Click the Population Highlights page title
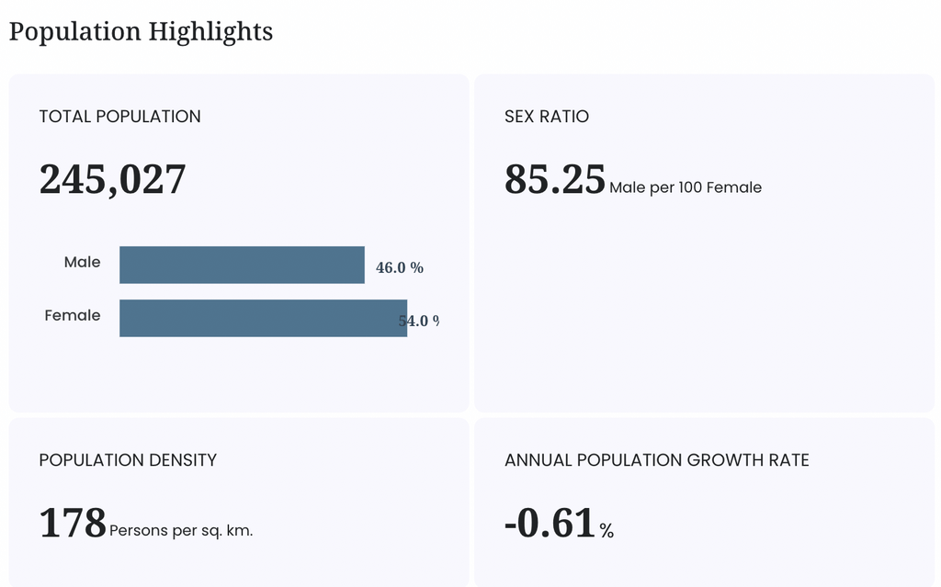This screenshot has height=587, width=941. point(141,32)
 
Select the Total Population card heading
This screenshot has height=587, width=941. point(120,117)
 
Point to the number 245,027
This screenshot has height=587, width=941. point(112,179)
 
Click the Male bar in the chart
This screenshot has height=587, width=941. point(242,265)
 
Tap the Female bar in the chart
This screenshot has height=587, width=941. point(264,318)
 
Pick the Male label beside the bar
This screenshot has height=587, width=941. point(82,263)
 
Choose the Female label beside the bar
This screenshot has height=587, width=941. point(73,316)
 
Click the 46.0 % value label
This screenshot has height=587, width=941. point(400,267)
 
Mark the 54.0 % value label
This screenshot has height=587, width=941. point(419,322)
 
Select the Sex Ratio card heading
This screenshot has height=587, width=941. point(547,117)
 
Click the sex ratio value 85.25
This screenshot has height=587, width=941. point(554,179)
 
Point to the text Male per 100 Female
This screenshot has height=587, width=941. point(686,188)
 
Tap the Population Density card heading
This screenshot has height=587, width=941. point(128,460)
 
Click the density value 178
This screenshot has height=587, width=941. point(73,523)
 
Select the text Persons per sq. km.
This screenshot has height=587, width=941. point(181,531)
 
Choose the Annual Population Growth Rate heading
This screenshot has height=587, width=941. point(657,460)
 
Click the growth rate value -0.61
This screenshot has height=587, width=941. point(550,523)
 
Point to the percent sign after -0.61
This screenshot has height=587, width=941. point(607,531)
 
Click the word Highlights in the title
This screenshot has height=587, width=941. point(210,32)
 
